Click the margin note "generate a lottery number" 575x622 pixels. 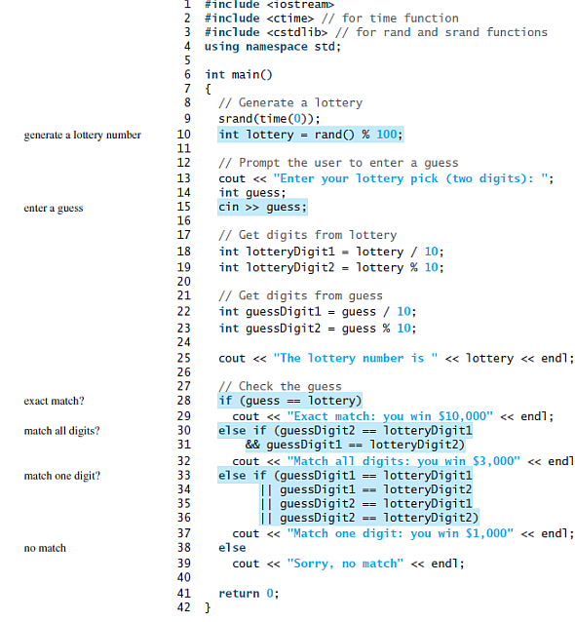(83, 136)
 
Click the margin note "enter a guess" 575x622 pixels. (54, 209)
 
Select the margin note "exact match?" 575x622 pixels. (54, 401)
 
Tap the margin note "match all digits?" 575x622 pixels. (61, 431)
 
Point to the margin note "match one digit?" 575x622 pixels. (62, 476)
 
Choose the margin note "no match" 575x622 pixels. (45, 548)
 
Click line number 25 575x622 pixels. (184, 358)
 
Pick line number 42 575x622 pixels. (184, 607)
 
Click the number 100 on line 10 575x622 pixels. (387, 135)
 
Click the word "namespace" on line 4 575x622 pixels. (277, 47)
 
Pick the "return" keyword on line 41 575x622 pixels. (239, 594)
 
